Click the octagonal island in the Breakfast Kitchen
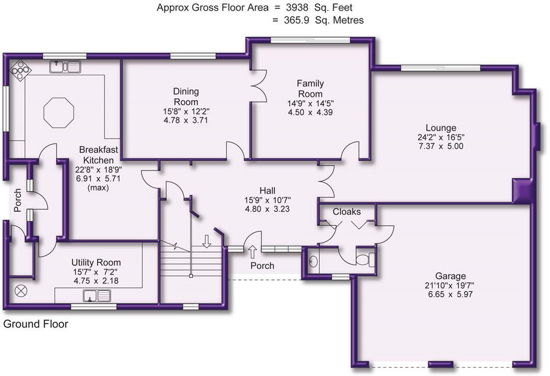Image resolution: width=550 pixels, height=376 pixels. tap(58, 112)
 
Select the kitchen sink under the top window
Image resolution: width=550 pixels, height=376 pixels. tap(66, 67)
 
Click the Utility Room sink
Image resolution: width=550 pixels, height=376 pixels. tap(97, 296)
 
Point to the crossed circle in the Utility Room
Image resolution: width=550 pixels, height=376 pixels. tap(22, 291)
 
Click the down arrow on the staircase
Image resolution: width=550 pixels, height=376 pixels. tap(206, 241)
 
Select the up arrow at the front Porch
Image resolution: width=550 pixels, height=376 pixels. tap(253, 252)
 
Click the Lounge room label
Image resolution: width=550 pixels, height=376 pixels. tap(441, 128)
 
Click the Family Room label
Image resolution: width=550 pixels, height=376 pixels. tap(310, 88)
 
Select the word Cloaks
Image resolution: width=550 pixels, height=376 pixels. tap(347, 212)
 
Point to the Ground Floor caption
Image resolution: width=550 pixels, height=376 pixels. tap(36, 324)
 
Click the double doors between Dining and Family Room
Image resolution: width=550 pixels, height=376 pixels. tap(257, 86)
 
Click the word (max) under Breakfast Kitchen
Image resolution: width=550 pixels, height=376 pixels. tap(98, 187)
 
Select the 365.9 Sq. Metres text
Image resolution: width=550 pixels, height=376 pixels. tap(324, 21)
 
